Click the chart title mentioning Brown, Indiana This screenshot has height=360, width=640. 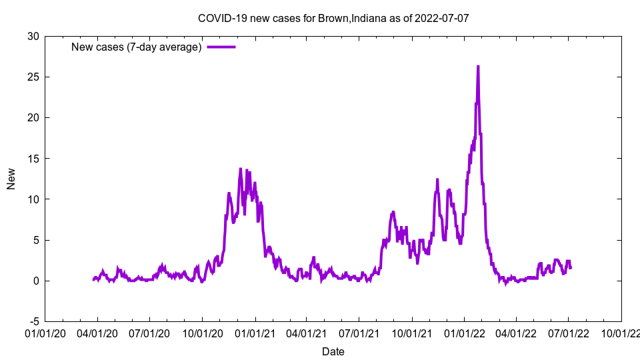(333, 18)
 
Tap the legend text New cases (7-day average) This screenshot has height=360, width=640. (136, 47)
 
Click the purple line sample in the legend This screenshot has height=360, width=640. (221, 47)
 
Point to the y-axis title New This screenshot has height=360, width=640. (11, 179)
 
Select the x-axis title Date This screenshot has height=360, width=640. (333, 351)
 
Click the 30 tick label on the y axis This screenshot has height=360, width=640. (33, 36)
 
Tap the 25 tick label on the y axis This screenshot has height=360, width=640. (33, 77)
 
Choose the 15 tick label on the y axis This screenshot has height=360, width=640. (33, 159)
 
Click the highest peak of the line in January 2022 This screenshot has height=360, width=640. (478, 67)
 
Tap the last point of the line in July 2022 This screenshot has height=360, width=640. (571, 268)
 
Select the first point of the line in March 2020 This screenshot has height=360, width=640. (93, 280)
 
